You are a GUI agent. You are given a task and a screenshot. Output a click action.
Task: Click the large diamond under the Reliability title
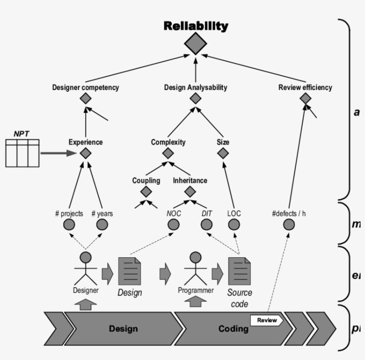196,44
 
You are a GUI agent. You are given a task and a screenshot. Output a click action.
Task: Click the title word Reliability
196,26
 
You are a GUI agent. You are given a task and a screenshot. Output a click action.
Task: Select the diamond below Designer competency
85,98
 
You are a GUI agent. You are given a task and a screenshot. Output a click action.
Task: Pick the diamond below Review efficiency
305,98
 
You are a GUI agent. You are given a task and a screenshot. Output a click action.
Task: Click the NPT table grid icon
22,153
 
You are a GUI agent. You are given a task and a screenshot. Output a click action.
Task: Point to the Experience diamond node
85,154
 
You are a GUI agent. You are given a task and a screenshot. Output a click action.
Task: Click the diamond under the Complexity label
168,154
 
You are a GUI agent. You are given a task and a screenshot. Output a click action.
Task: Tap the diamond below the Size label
223,154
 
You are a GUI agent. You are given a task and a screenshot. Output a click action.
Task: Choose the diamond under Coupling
146,192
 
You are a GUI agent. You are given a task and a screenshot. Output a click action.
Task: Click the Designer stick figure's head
85,257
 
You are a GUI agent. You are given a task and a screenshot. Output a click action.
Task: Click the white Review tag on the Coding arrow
266,320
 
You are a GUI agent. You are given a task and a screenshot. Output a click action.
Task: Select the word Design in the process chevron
123,329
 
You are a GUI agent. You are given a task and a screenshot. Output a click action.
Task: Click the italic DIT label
207,214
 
